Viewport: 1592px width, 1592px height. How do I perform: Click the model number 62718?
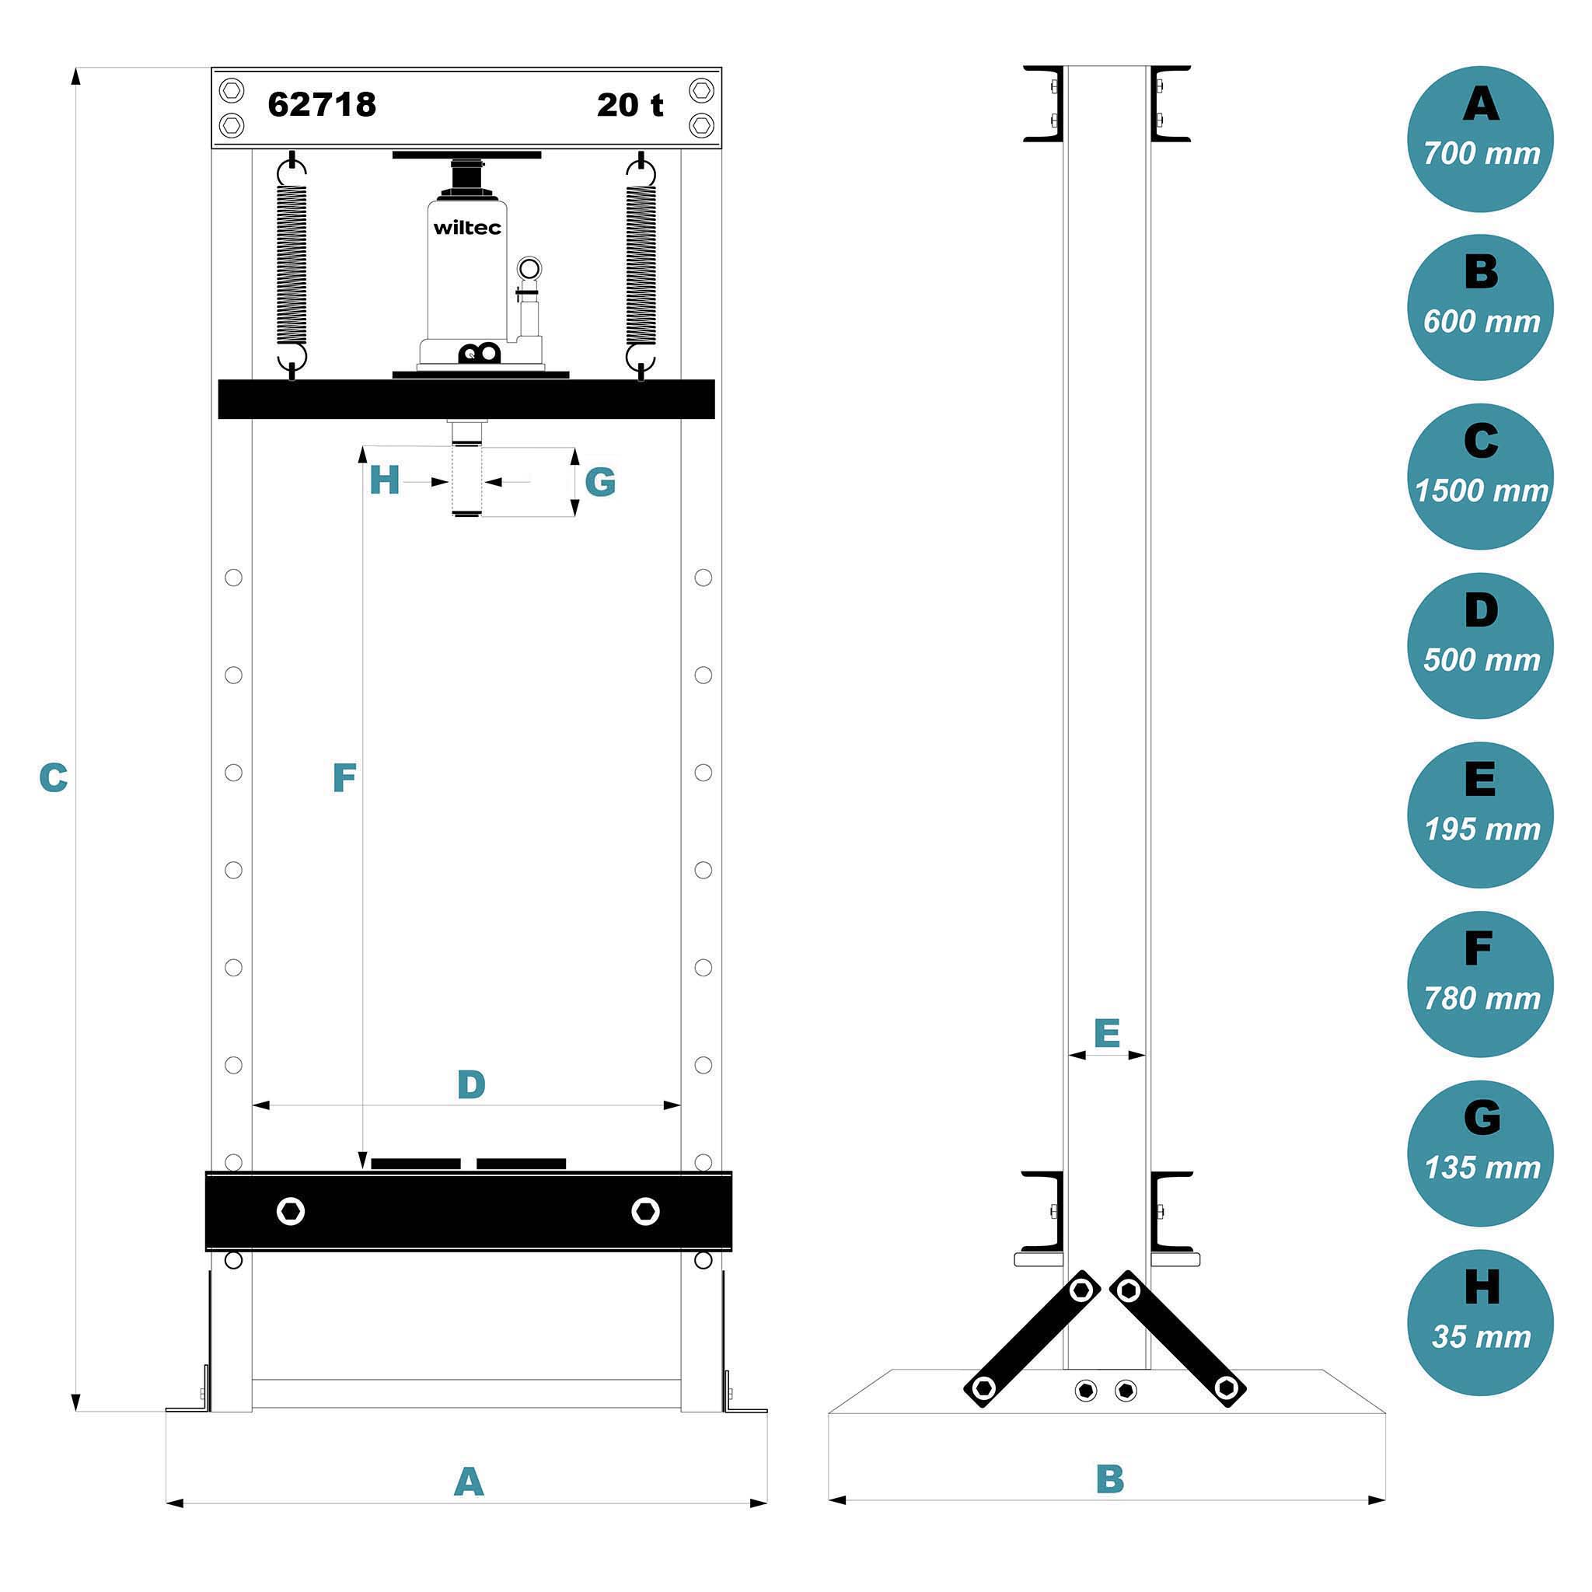(321, 105)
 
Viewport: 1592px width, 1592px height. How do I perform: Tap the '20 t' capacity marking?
(630, 105)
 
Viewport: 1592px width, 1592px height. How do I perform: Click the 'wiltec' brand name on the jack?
(467, 228)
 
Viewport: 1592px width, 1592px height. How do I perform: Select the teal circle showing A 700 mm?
(1480, 138)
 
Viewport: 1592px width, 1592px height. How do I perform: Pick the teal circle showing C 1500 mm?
(1480, 477)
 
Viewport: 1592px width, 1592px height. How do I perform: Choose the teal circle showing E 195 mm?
(1480, 814)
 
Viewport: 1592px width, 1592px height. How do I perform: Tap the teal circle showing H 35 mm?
(1480, 1321)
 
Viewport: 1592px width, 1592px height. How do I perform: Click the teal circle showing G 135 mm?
(1480, 1153)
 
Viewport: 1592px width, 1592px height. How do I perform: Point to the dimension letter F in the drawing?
(344, 778)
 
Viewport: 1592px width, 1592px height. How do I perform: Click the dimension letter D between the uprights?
(470, 1084)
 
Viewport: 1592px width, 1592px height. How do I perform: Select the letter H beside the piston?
(384, 480)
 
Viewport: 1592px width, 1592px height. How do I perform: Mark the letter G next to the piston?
(600, 482)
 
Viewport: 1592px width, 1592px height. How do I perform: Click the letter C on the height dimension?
(54, 778)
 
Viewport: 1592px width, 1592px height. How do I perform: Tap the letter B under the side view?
(1110, 1479)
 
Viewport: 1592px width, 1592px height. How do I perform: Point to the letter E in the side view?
(1107, 1032)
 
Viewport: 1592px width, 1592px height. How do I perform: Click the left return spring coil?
(292, 264)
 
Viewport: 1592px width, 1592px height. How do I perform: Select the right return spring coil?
(641, 264)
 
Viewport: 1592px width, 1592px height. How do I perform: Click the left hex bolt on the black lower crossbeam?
(291, 1211)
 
